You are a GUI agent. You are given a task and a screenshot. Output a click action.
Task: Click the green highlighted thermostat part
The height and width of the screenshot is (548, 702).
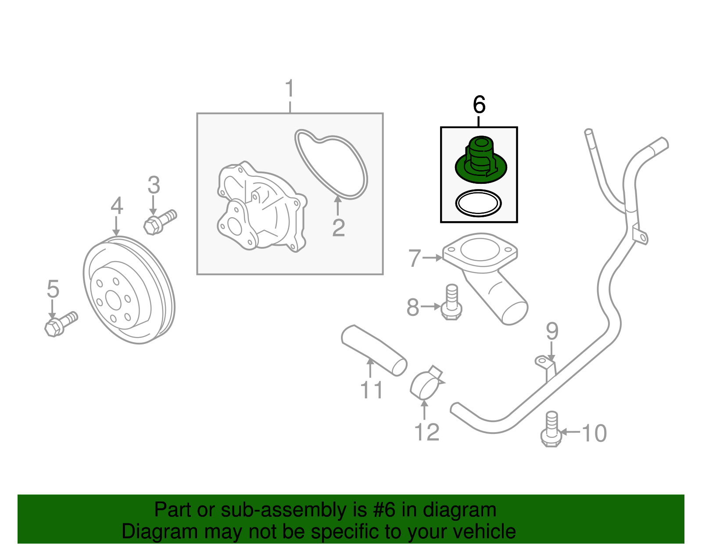481,162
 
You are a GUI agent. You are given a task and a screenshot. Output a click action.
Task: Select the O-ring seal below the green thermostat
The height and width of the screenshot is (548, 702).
478,203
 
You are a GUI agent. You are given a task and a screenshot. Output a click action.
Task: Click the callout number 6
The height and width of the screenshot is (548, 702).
479,105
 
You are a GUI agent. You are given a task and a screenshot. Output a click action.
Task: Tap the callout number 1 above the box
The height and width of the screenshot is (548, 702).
290,89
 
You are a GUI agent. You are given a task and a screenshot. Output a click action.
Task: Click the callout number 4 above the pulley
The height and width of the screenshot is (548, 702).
116,206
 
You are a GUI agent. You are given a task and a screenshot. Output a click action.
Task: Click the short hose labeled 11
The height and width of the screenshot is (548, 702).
373,349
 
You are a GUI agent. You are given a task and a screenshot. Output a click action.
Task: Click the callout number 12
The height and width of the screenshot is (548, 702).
426,433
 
